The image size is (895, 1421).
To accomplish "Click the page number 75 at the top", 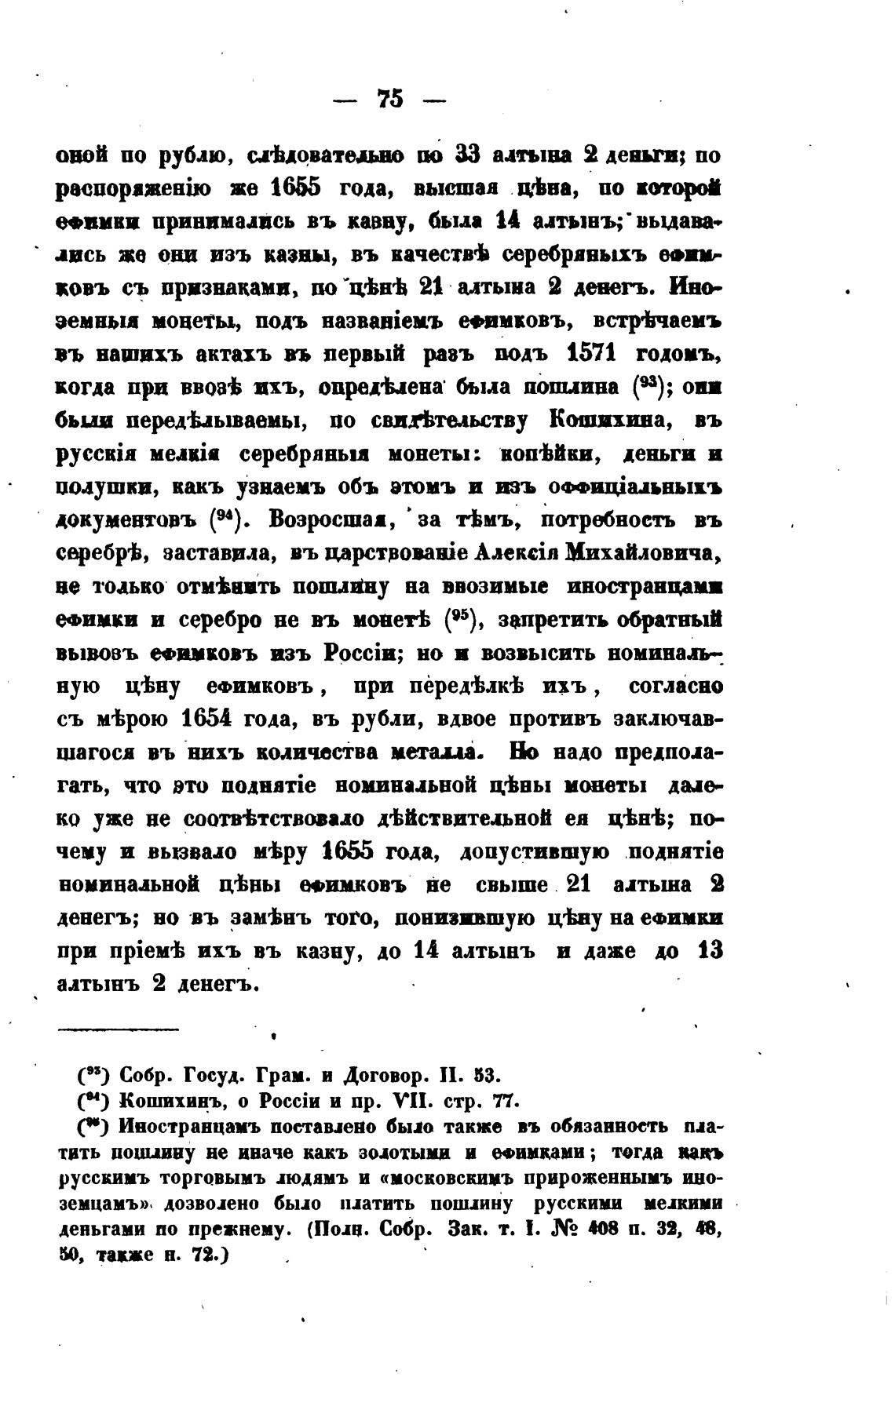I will coord(390,99).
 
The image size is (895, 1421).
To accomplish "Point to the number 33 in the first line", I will coord(469,155).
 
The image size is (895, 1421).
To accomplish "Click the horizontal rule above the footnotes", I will coord(119,1029).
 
